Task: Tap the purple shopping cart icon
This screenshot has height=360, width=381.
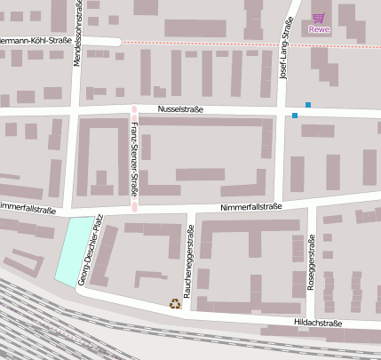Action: click(318, 18)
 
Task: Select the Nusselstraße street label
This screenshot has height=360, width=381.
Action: click(180, 109)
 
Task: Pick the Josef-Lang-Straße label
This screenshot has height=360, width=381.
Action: click(286, 52)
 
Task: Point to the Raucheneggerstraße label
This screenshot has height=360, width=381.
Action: click(188, 261)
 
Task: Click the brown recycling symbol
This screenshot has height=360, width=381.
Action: click(175, 304)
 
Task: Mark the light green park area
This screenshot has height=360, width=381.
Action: click(75, 251)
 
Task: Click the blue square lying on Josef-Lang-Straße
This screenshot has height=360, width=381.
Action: click(294, 116)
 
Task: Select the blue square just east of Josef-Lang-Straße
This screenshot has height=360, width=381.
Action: click(308, 105)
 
